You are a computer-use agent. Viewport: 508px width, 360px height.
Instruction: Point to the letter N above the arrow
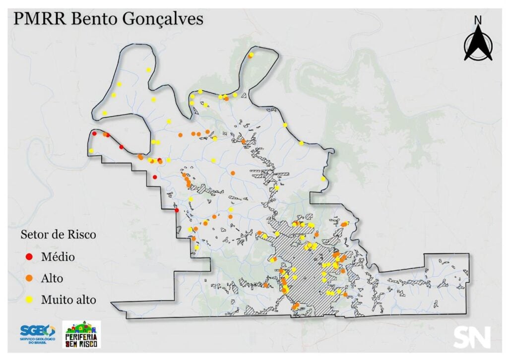tap(478, 20)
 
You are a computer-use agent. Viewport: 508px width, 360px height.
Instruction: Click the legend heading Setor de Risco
tap(58, 235)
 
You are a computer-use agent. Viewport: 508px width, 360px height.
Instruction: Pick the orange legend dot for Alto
tap(29, 278)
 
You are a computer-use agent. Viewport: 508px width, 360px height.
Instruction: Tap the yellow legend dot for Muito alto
tap(29, 300)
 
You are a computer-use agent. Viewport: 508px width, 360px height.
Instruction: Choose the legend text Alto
tap(52, 278)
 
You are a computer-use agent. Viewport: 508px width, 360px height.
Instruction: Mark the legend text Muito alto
tap(68, 300)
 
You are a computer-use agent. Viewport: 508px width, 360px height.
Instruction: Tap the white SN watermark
tap(471, 337)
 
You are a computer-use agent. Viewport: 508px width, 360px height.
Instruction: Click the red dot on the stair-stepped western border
tap(177, 210)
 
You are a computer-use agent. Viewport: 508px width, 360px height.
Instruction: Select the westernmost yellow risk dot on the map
tap(91, 151)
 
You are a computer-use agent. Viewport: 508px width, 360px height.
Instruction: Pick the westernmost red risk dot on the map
tap(94, 133)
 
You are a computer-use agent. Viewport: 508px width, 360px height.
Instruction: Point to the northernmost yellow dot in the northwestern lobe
tap(148, 70)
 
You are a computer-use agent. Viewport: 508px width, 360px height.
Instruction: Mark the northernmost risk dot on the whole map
tap(252, 55)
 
